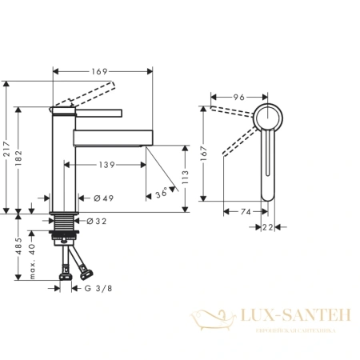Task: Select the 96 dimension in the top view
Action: click(x=238, y=98)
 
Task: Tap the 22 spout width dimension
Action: click(x=269, y=228)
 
